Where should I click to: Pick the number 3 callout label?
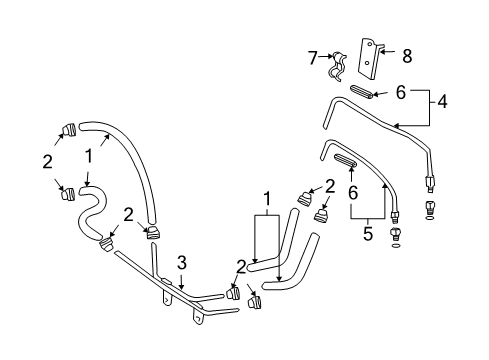coord(180,263)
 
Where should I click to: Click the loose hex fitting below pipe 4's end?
coord(430,211)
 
